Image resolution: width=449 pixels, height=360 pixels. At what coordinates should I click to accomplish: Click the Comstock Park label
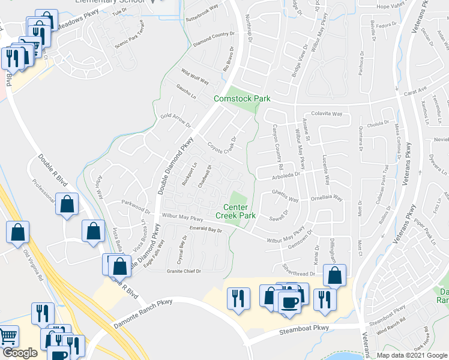243,98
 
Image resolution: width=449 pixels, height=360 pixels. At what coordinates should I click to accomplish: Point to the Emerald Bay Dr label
206,229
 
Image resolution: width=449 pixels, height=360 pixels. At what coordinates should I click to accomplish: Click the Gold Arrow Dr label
175,120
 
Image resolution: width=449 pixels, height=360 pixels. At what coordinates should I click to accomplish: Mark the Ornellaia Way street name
327,198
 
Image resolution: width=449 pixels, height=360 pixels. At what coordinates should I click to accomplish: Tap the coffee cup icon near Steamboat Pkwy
290,301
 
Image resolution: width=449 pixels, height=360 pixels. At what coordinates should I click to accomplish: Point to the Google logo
20,353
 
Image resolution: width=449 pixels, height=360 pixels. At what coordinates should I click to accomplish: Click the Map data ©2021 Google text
412,355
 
